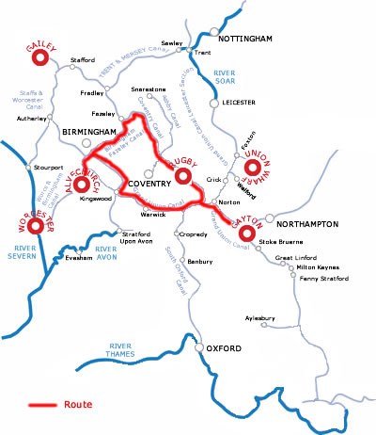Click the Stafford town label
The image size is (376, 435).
click(x=84, y=60)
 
